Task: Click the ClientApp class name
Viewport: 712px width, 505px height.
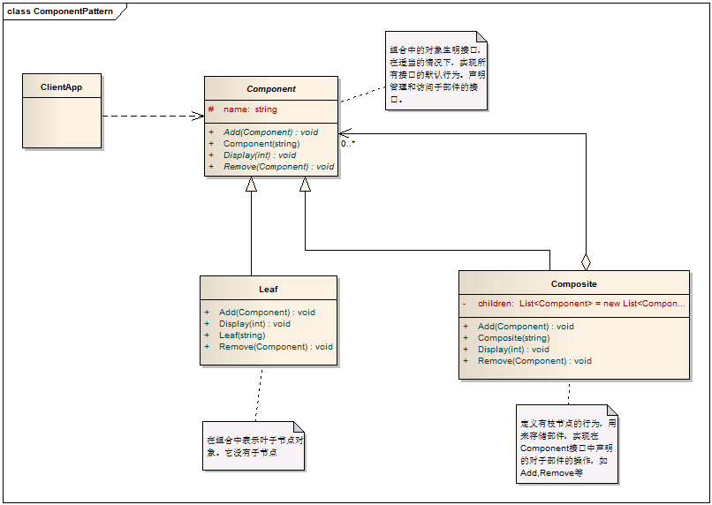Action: [x=62, y=87]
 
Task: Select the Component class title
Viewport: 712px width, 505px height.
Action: [x=271, y=89]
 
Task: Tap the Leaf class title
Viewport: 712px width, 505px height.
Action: [x=269, y=289]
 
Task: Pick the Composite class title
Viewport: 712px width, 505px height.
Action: [x=573, y=284]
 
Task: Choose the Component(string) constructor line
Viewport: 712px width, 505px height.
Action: [x=261, y=144]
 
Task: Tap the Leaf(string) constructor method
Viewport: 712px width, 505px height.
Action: [x=242, y=335]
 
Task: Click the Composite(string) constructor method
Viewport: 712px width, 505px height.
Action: [x=513, y=338]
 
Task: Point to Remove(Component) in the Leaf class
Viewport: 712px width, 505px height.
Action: [x=276, y=347]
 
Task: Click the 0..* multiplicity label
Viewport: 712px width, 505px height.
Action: [x=348, y=142]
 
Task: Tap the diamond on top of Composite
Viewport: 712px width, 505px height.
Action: [x=585, y=261]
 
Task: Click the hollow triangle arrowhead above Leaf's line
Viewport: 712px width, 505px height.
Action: [x=251, y=184]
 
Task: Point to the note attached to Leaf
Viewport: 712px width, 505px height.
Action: [x=254, y=445]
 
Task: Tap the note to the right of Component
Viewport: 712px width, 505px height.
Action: [x=436, y=71]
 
